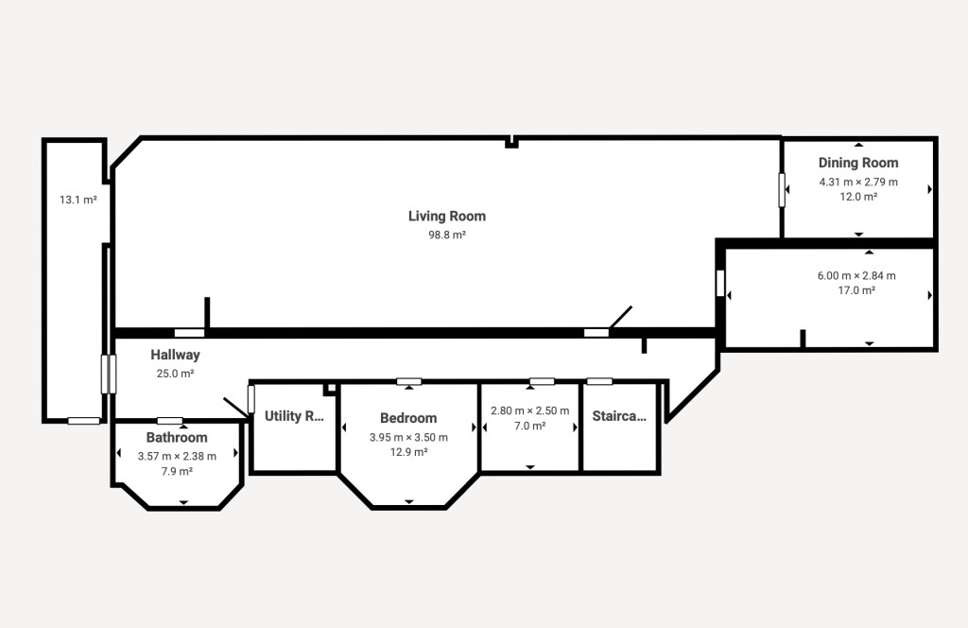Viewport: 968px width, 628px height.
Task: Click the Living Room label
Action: pyautogui.click(x=447, y=217)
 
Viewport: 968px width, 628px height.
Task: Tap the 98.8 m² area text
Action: pyautogui.click(x=447, y=235)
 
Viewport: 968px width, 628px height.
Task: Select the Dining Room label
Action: pyautogui.click(x=858, y=163)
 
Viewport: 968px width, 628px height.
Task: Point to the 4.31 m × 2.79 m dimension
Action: pyautogui.click(x=858, y=183)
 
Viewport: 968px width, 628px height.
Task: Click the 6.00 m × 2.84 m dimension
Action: pyautogui.click(x=856, y=275)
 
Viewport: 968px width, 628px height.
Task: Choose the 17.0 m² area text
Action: pyautogui.click(x=856, y=290)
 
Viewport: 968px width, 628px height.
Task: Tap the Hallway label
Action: pyautogui.click(x=175, y=355)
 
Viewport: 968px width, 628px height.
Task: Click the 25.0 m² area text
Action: pyautogui.click(x=175, y=373)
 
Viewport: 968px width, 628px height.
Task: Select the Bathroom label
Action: pyautogui.click(x=177, y=437)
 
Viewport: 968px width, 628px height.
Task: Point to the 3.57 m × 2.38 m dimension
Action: pyautogui.click(x=177, y=456)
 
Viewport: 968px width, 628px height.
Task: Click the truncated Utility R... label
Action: pyautogui.click(x=294, y=416)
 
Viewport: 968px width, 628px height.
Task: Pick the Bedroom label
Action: pyautogui.click(x=408, y=418)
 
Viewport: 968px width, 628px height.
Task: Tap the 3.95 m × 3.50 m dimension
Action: pyautogui.click(x=408, y=437)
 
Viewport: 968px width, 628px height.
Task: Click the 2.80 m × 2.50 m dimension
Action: pyautogui.click(x=529, y=410)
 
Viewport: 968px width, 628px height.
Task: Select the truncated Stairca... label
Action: pyautogui.click(x=619, y=416)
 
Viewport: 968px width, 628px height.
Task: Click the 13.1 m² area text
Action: pyautogui.click(x=78, y=200)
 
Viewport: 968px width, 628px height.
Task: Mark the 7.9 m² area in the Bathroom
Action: pyautogui.click(x=177, y=471)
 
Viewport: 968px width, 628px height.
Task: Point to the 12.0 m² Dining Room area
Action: pyautogui.click(x=858, y=197)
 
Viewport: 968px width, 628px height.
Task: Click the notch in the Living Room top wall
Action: pyautogui.click(x=511, y=143)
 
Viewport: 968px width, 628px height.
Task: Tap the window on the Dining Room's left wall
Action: pyautogui.click(x=782, y=189)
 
